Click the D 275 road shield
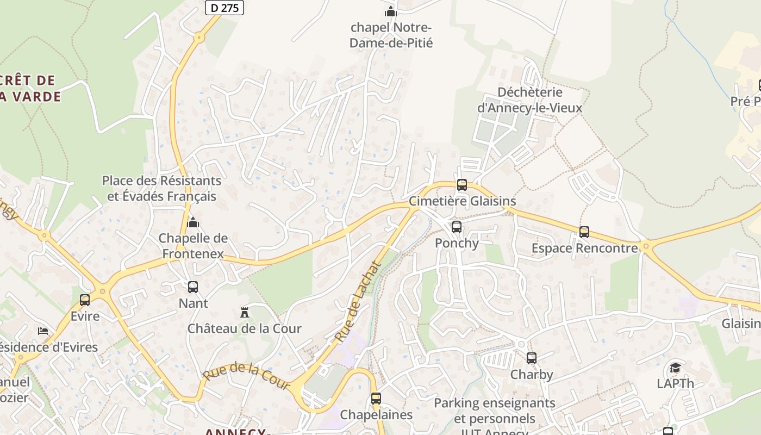pyautogui.click(x=224, y=8)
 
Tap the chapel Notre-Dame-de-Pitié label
pyautogui.click(x=391, y=35)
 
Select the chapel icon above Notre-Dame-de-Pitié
pyautogui.click(x=390, y=11)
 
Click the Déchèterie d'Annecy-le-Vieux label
pyautogui.click(x=529, y=100)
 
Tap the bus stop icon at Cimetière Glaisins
pyautogui.click(x=462, y=185)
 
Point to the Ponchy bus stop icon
pyautogui.click(x=457, y=227)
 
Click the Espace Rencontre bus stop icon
pyautogui.click(x=584, y=232)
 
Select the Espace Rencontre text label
pyautogui.click(x=584, y=248)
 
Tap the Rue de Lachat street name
pyautogui.click(x=357, y=302)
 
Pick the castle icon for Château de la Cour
pyautogui.click(x=245, y=313)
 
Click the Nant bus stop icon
pyautogui.click(x=193, y=287)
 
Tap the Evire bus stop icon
pyautogui.click(x=85, y=300)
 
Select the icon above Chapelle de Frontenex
pyautogui.click(x=193, y=222)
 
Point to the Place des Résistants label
pyautogui.click(x=161, y=188)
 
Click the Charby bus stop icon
pyautogui.click(x=532, y=358)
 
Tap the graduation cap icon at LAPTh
pyautogui.click(x=675, y=368)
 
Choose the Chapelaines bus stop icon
pyautogui.click(x=376, y=399)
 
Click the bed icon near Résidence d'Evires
pyautogui.click(x=43, y=331)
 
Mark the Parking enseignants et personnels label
pyautogui.click(x=494, y=411)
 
